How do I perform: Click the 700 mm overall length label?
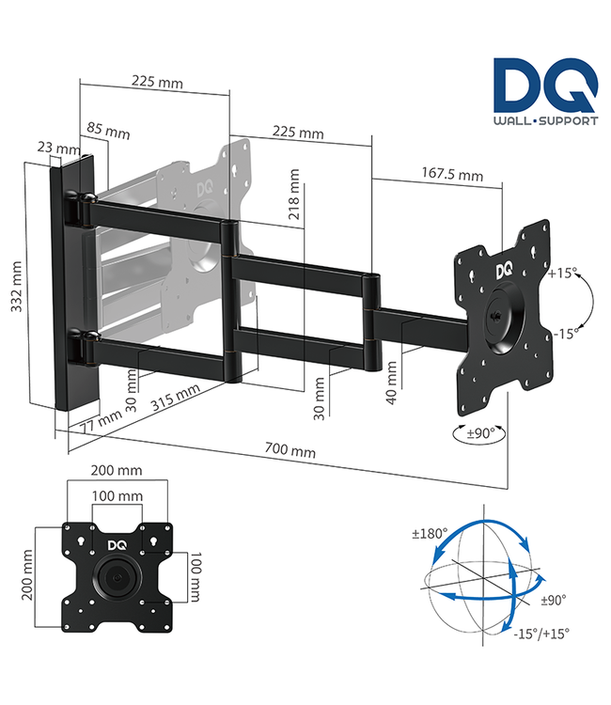pyautogui.click(x=290, y=450)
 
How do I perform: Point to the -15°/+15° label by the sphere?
pyautogui.click(x=542, y=633)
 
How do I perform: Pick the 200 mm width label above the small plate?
pyautogui.click(x=117, y=470)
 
